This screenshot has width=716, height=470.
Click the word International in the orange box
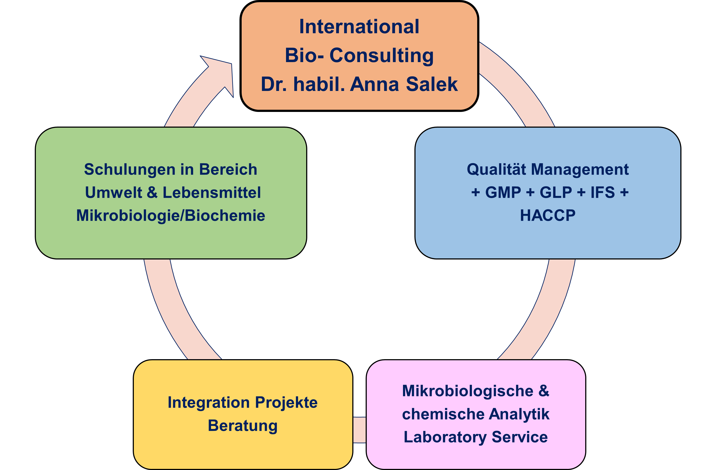[x=359, y=26]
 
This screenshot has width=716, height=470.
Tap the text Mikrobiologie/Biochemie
[x=171, y=216]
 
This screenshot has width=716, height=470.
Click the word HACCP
[x=548, y=216]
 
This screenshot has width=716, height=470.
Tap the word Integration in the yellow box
[x=209, y=403]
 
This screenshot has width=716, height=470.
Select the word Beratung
[x=243, y=426]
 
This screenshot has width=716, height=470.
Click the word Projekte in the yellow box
[x=286, y=403]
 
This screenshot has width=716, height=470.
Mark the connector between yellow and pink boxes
[x=360, y=430]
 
